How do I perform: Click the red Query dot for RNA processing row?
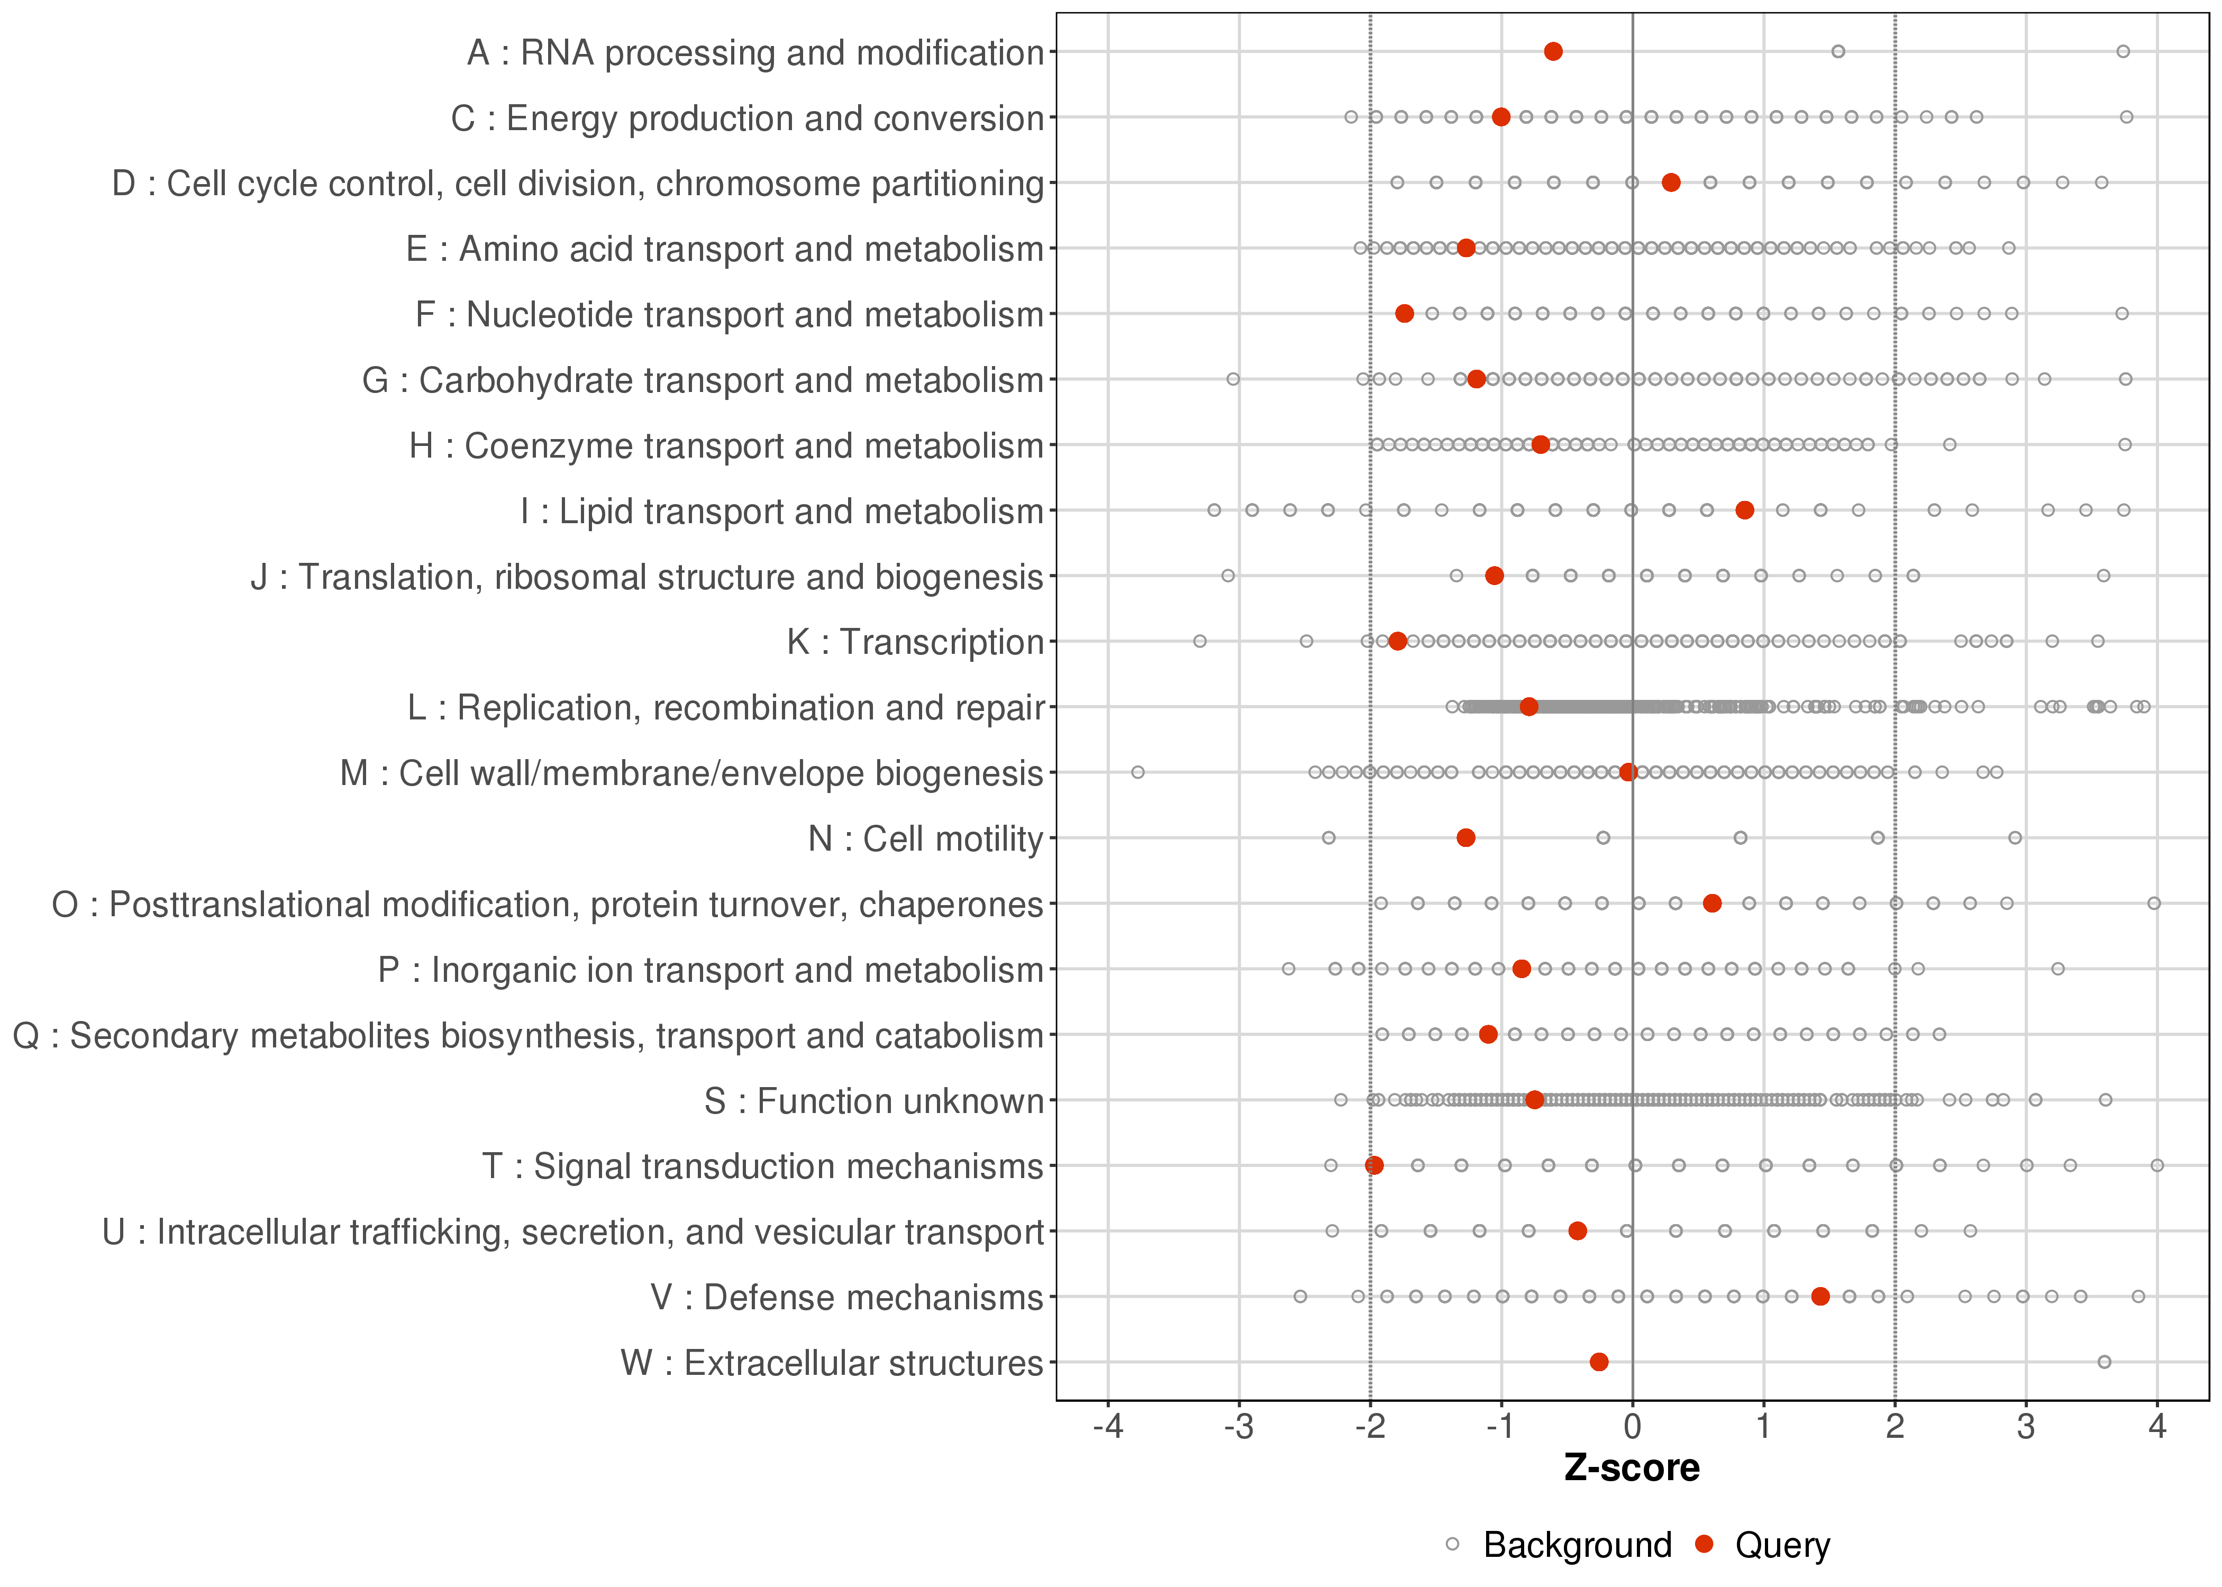click(1553, 52)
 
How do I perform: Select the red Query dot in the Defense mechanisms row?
click(1819, 1297)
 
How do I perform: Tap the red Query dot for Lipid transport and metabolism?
click(1744, 510)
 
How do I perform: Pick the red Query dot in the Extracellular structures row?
click(1599, 1362)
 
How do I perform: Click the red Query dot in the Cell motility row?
click(1465, 837)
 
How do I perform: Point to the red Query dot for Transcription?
click(1397, 641)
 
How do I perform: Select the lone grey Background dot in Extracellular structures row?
click(2104, 1362)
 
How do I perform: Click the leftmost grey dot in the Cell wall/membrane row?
click(1137, 772)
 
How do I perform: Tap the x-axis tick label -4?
click(1107, 1428)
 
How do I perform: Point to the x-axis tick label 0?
click(1632, 1428)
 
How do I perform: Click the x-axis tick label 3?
click(2026, 1428)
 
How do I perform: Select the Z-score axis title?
click(1632, 1469)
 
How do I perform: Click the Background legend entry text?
click(1577, 1545)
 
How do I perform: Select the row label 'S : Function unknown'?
click(873, 1101)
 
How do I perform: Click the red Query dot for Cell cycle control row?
click(1671, 183)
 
